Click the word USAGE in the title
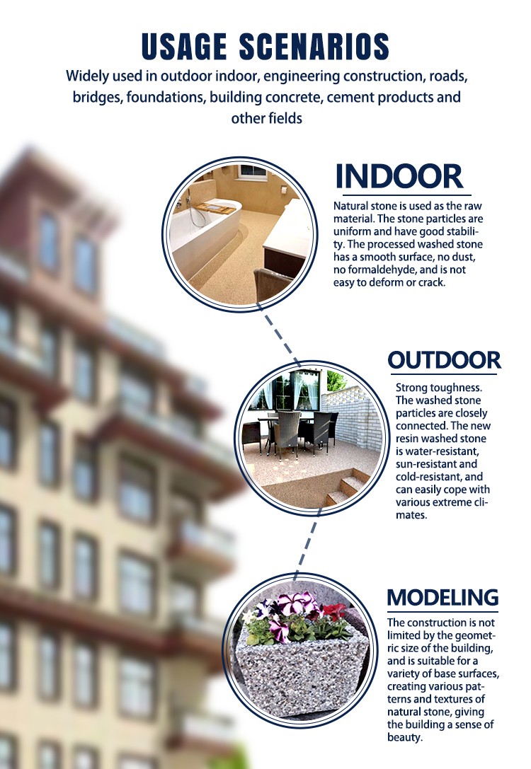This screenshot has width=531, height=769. click(184, 47)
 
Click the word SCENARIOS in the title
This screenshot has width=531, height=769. click(314, 47)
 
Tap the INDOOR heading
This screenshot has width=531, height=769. click(399, 176)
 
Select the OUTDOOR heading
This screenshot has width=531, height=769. click(444, 360)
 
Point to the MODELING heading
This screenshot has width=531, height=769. click(442, 598)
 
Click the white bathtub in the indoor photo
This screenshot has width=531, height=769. click(204, 231)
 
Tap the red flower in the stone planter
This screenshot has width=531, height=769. click(334, 611)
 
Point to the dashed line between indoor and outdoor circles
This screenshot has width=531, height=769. click(280, 336)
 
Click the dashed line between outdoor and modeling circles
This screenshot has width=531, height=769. click(307, 545)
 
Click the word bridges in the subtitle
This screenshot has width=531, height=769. click(97, 98)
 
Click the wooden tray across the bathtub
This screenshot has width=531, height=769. click(214, 209)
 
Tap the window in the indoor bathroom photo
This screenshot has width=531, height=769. click(253, 171)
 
